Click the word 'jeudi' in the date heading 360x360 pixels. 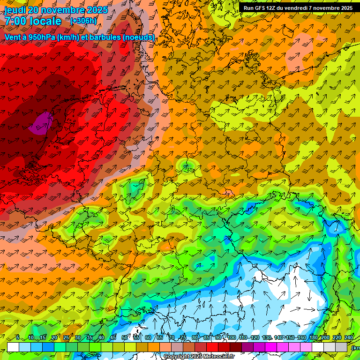click(x=15, y=10)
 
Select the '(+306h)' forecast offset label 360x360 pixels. click(x=83, y=21)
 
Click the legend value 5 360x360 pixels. click(x=17, y=337)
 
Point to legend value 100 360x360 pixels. click(x=232, y=337)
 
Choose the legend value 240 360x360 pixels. click(x=349, y=337)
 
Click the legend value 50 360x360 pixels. click(x=125, y=337)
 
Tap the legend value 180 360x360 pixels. click(x=312, y=337)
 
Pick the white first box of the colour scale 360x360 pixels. click(x=13, y=347)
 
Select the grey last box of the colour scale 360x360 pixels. click(x=341, y=347)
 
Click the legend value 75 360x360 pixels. click(x=183, y=337)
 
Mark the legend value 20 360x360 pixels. click(x=54, y=337)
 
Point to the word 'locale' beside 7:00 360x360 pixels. click(x=44, y=22)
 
